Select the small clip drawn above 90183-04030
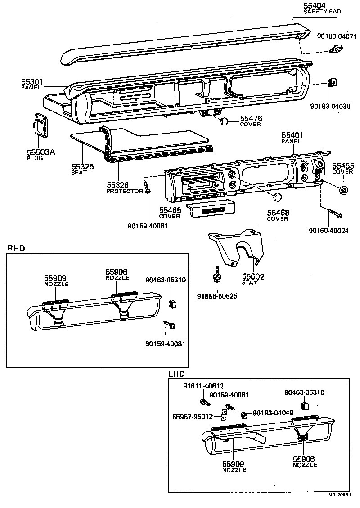[333, 83]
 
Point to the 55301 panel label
[32, 82]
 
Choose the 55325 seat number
[82, 167]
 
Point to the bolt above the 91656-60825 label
[217, 274]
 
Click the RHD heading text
[16, 248]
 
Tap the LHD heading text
[176, 374]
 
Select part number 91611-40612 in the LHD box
[203, 386]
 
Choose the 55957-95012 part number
[192, 416]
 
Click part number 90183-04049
[273, 413]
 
